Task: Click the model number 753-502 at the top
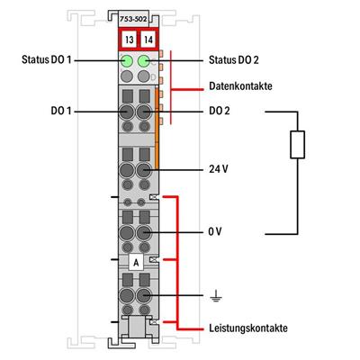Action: click(x=134, y=19)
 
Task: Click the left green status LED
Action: click(x=126, y=61)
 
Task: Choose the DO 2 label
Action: click(x=219, y=112)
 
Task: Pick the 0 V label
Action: click(x=214, y=231)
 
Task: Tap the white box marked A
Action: click(x=134, y=262)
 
